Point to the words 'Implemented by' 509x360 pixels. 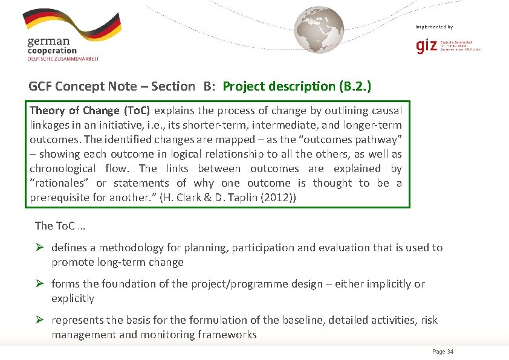pyautogui.click(x=434, y=27)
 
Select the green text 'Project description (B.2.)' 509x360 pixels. pyautogui.click(x=297, y=86)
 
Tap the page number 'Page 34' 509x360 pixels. pyautogui.click(x=443, y=352)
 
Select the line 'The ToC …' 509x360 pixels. pyautogui.click(x=60, y=225)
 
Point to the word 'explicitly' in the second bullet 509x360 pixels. pyautogui.click(x=73, y=298)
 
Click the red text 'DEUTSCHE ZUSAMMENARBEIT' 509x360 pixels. pyautogui.click(x=63, y=59)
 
